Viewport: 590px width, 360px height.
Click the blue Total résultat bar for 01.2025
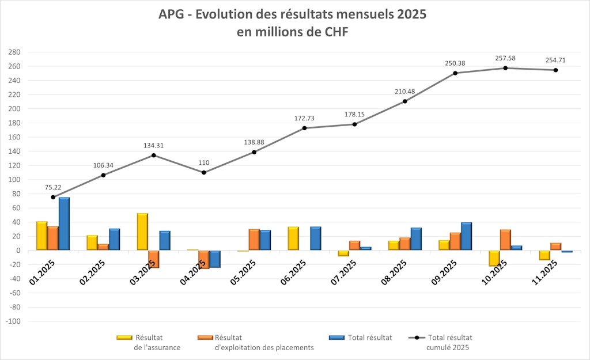64,224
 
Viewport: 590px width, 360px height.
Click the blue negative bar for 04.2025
215,259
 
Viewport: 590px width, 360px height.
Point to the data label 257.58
505,58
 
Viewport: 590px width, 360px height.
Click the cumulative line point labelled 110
204,173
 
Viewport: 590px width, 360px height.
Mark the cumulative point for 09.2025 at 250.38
455,73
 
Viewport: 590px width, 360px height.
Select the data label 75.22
53,187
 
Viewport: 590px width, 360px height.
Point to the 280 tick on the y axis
14,52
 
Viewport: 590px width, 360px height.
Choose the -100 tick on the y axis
12,321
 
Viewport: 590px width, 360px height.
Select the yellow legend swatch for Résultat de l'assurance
124,338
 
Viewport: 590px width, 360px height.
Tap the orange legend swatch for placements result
205,338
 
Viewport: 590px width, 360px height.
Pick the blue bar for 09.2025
467,236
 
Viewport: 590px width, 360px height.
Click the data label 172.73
304,118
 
